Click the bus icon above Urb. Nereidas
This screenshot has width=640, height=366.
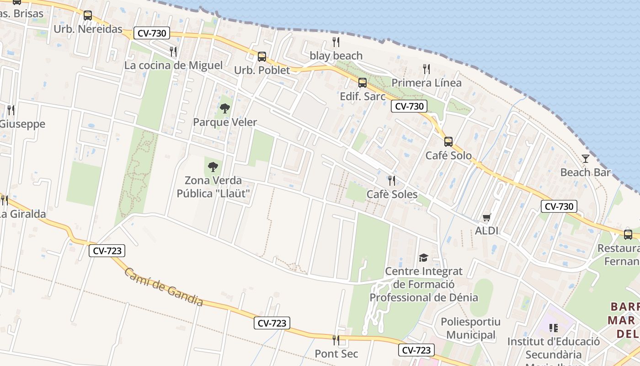click(88, 16)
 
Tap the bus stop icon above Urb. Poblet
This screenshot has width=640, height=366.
click(262, 57)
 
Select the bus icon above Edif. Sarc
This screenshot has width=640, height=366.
click(363, 83)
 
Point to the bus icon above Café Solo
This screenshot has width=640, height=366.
click(448, 142)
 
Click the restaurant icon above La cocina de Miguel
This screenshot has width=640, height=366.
click(173, 52)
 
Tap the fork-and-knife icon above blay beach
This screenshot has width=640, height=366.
click(336, 42)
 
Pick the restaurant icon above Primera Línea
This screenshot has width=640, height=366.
click(427, 69)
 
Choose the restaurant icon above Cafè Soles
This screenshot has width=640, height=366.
click(392, 181)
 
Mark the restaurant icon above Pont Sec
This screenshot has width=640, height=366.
click(336, 340)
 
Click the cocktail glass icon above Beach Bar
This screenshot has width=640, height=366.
click(586, 159)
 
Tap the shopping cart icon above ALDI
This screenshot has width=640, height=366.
click(486, 217)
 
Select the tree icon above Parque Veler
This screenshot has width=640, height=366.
click(224, 108)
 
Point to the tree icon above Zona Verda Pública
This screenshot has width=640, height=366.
click(213, 167)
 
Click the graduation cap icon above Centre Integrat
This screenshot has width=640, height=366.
click(423, 258)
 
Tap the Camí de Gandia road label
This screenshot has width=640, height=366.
click(164, 287)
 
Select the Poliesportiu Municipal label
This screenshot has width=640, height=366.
click(470, 328)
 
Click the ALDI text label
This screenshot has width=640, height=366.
click(486, 231)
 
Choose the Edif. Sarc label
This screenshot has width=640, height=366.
click(363, 97)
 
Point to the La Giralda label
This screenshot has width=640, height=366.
click(22, 214)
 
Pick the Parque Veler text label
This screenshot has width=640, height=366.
click(225, 122)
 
